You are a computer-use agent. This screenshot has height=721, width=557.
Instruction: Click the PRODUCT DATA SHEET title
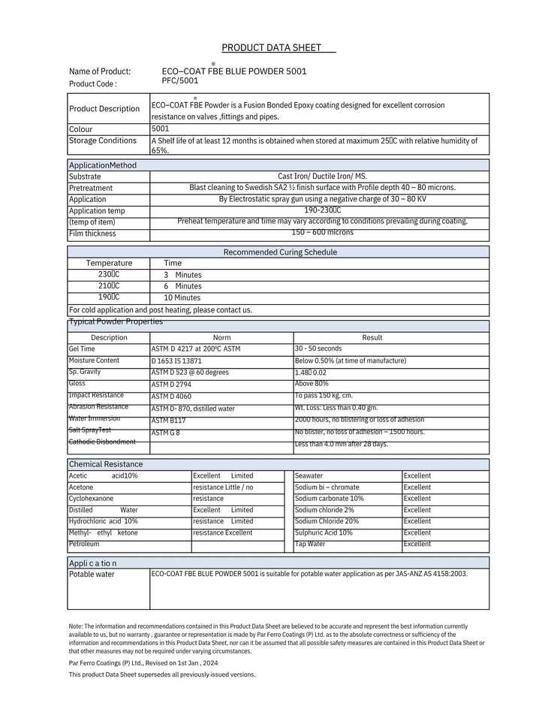click(271, 48)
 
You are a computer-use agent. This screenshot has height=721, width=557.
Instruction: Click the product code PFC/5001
click(180, 80)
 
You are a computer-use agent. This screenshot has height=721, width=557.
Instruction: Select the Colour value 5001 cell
click(160, 129)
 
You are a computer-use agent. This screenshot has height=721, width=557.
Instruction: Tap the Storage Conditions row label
click(103, 140)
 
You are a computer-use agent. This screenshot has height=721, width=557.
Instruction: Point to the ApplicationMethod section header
click(103, 165)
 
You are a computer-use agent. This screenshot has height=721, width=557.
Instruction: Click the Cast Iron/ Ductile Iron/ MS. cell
click(322, 176)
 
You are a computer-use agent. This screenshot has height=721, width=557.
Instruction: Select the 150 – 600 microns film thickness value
click(322, 232)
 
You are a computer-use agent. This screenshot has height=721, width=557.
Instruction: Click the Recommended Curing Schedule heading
click(280, 252)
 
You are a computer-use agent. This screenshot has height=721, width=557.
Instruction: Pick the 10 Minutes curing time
click(182, 297)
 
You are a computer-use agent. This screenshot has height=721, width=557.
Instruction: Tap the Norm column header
click(221, 338)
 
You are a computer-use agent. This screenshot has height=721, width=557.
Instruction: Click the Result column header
click(372, 338)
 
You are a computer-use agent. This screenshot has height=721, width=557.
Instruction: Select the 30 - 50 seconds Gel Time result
click(318, 348)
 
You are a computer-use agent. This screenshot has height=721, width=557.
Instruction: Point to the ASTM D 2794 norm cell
click(171, 385)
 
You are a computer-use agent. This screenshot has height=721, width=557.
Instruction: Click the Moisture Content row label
click(94, 360)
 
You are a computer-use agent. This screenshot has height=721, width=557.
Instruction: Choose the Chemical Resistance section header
click(106, 464)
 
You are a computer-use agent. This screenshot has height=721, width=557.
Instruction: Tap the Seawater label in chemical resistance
click(309, 476)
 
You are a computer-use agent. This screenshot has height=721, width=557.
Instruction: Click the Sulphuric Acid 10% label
click(324, 532)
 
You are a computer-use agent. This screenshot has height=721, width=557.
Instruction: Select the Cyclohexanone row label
click(91, 499)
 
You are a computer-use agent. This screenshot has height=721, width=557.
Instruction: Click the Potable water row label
click(92, 575)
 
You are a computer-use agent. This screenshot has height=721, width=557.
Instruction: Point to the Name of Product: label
click(100, 71)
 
